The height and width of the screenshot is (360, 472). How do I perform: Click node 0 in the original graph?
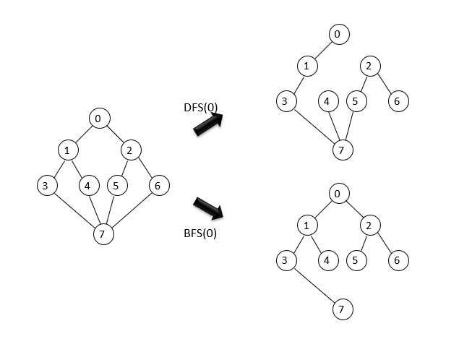coord(100,117)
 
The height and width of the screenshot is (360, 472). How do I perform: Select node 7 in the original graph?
coord(104,234)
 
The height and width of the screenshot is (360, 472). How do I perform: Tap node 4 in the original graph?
coord(87,186)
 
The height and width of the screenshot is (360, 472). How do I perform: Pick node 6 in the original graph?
coord(159,186)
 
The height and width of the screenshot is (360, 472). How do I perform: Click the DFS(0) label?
coord(200,108)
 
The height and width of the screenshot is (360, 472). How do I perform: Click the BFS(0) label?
coord(200,233)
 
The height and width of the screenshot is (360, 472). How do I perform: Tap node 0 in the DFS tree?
coord(338,34)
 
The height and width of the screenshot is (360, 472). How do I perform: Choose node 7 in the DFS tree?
coord(341,150)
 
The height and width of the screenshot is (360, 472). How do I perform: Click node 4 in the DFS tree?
coord(327,101)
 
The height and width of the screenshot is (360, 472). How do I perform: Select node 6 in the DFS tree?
coord(396,101)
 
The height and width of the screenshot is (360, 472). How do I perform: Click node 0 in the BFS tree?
coord(338,194)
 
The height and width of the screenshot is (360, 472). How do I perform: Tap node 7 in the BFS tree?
coord(341,309)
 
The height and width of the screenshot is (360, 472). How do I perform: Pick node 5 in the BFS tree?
coord(355,260)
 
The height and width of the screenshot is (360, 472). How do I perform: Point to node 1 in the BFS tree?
coord(307,226)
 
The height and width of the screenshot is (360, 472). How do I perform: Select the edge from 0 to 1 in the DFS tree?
coord(323,51)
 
